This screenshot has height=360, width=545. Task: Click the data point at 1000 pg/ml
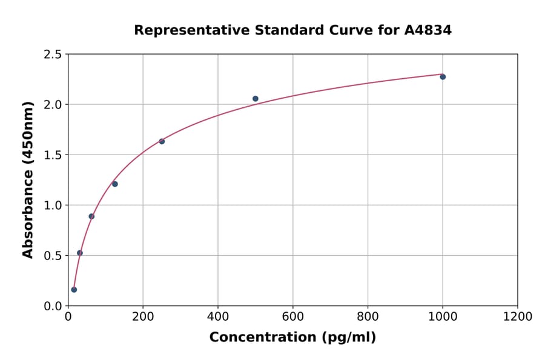(443, 77)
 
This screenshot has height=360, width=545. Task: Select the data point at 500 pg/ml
(256, 99)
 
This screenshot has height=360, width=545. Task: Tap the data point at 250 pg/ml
(162, 141)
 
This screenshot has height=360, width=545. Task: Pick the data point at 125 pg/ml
(115, 184)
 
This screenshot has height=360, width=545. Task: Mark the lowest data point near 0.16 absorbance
(74, 290)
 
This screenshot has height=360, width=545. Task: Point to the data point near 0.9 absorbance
(91, 216)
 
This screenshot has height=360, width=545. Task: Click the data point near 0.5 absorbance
(80, 253)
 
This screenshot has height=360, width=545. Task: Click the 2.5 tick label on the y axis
(53, 55)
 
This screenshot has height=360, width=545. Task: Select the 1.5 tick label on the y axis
(53, 155)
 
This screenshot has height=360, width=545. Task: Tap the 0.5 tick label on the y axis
(53, 256)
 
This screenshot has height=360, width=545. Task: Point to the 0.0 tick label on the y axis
(53, 306)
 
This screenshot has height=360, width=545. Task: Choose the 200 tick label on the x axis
(143, 316)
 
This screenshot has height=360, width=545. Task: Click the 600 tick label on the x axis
(292, 316)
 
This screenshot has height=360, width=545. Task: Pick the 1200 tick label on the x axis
(518, 316)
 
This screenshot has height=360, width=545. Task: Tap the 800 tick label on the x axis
(368, 316)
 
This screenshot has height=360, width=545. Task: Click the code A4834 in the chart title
(428, 30)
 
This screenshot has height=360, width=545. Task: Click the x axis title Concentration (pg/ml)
(292, 338)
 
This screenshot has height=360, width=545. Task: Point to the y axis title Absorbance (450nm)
(28, 179)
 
